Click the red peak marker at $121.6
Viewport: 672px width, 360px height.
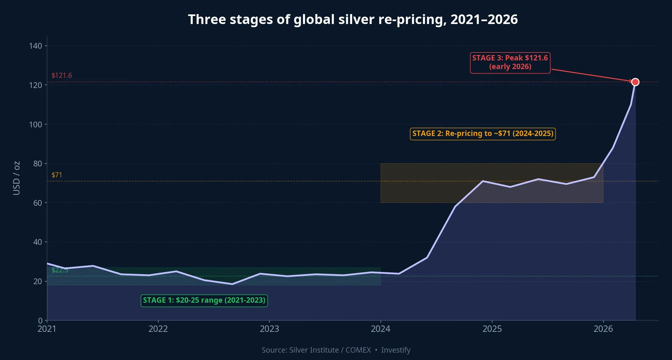click(x=635, y=82)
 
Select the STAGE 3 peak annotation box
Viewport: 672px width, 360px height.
click(x=510, y=63)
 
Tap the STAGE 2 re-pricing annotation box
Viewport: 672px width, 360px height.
click(x=483, y=134)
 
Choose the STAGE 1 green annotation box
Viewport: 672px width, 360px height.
click(x=204, y=300)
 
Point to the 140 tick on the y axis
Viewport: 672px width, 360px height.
click(x=36, y=46)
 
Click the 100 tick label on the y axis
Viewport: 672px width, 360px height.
click(x=36, y=124)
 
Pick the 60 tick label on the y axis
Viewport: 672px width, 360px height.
click(x=37, y=203)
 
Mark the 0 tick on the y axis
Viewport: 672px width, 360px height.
click(x=40, y=320)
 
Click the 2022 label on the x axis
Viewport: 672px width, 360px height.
click(x=158, y=329)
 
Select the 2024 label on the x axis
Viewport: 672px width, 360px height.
click(x=380, y=329)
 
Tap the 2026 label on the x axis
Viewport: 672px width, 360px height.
click(x=603, y=329)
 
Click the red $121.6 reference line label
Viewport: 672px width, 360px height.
click(x=62, y=76)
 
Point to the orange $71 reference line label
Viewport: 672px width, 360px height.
click(x=57, y=175)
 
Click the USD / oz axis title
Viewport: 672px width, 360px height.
click(x=17, y=178)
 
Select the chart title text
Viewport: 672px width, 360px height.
click(x=353, y=20)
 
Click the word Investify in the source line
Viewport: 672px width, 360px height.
click(x=396, y=350)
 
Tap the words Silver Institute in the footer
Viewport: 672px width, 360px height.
click(x=314, y=350)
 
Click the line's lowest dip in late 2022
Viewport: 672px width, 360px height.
click(x=232, y=284)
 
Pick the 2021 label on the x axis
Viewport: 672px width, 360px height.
click(x=47, y=329)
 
